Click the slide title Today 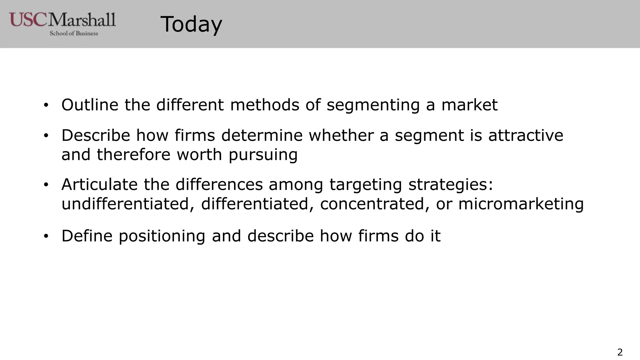tap(191, 24)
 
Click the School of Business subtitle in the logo tap(74, 33)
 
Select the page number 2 tap(620, 352)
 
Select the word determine tap(262, 135)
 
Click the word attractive tap(526, 135)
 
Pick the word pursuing tap(263, 155)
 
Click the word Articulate tap(99, 184)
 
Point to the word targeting tap(365, 184)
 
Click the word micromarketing tap(521, 204)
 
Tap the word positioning tap(162, 236)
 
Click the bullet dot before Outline tap(46, 105)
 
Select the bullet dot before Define tap(46, 236)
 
